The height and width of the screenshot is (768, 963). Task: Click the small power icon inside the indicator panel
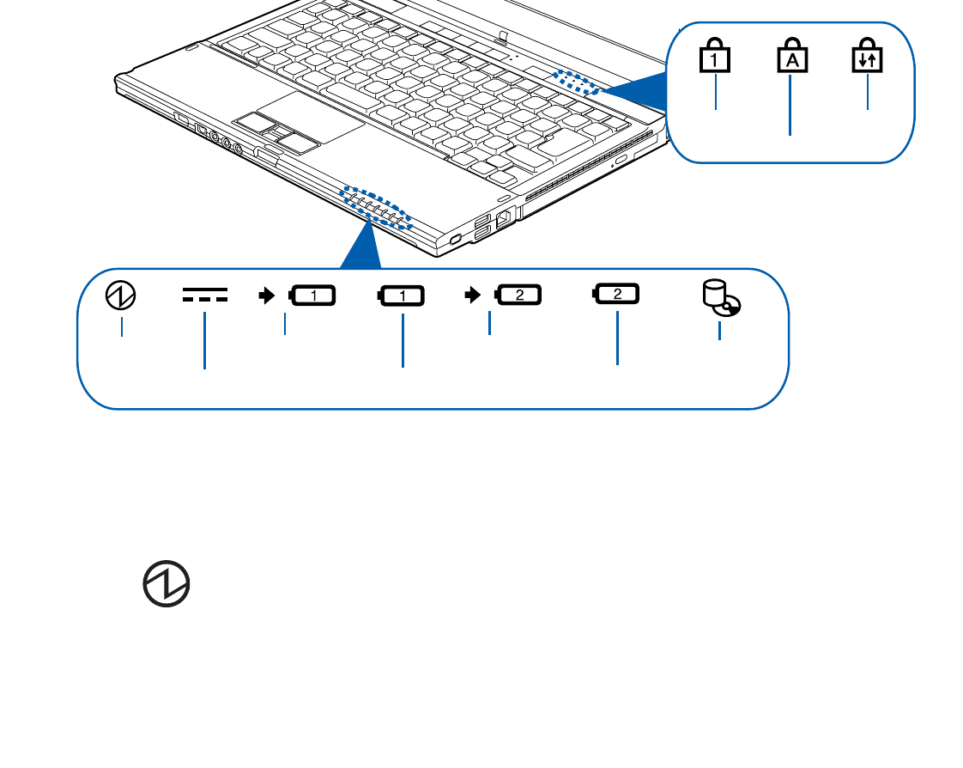coord(120,297)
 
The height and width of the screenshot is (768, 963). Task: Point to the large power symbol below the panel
coord(167,588)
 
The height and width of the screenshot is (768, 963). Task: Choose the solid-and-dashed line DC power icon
coord(204,297)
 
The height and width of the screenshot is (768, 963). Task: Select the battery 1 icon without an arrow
coord(401,297)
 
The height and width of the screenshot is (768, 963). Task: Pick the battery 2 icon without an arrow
coord(616,296)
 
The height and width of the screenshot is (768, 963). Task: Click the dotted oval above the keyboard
coord(576,82)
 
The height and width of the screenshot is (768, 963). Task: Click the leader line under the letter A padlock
coord(790,107)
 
